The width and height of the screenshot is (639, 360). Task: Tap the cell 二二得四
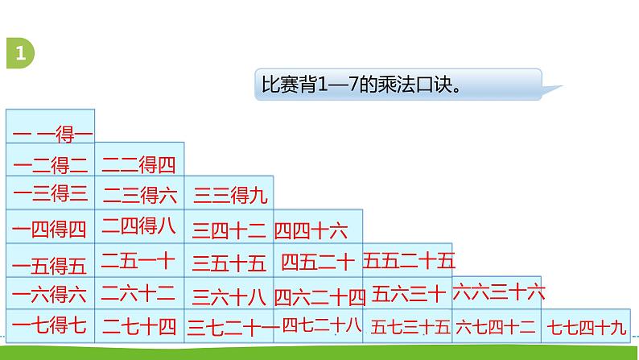139,165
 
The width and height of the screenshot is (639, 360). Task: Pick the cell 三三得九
229,195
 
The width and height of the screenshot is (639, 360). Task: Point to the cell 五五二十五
407,260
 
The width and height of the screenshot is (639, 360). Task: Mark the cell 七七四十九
585,326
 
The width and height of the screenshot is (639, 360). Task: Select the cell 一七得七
51,326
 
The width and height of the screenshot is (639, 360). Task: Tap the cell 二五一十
139,260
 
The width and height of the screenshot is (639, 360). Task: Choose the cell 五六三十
407,293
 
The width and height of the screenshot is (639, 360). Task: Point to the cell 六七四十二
496,326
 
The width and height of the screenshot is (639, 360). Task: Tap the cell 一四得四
51,230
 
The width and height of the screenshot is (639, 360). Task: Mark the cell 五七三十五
409,326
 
